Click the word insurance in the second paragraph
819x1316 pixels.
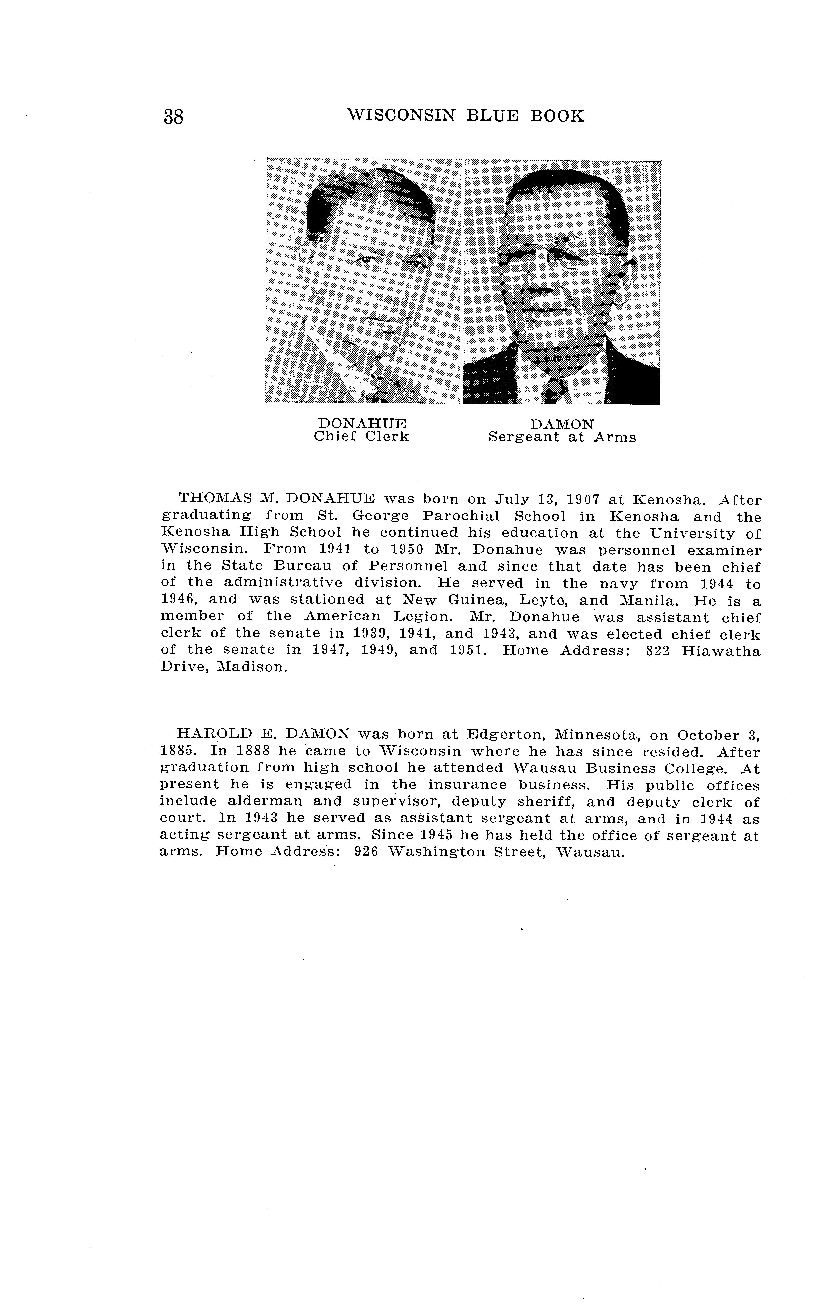[x=467, y=785]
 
